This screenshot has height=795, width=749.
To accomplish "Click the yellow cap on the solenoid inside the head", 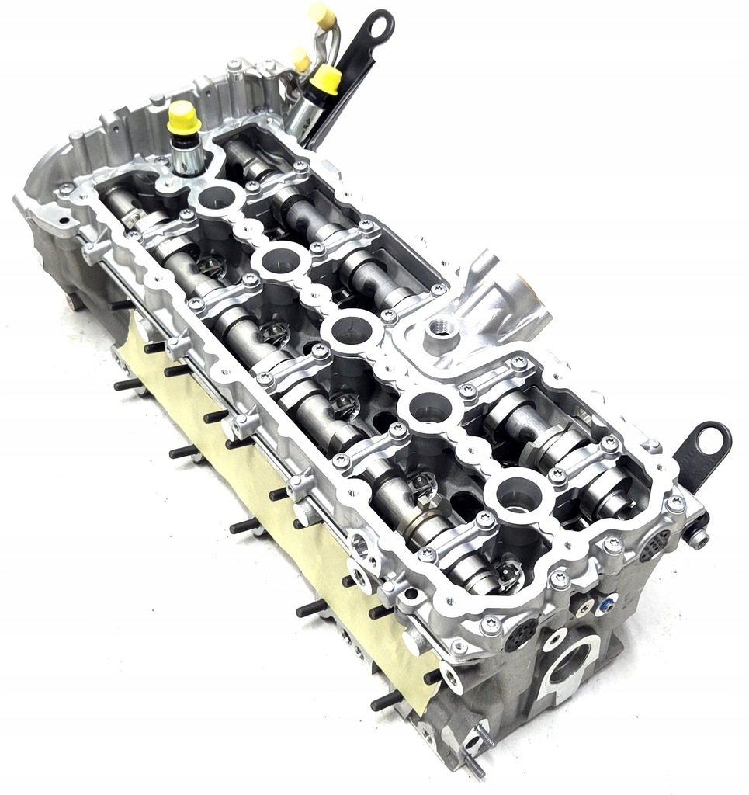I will (183, 116).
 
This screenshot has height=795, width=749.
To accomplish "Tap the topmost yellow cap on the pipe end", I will (321, 15).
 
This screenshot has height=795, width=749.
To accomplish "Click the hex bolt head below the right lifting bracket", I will (698, 536).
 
